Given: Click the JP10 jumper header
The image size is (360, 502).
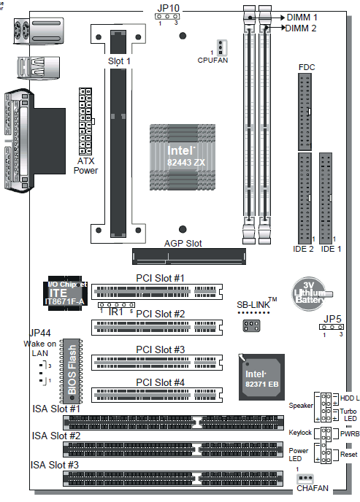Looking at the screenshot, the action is click(167, 16).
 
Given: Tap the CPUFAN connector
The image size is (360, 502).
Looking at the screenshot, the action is click(221, 47).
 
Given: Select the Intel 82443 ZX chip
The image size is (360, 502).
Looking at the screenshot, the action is click(183, 157).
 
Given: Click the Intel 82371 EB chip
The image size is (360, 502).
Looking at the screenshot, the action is click(261, 377).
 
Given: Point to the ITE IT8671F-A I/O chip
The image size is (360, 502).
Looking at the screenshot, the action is click(65, 293).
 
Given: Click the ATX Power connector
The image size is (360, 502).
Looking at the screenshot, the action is click(85, 121).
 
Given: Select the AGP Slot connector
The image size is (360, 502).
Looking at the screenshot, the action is click(189, 256).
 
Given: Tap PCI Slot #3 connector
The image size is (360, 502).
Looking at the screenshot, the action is click(157, 363).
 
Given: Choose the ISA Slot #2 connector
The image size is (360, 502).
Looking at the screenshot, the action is click(173, 449).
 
